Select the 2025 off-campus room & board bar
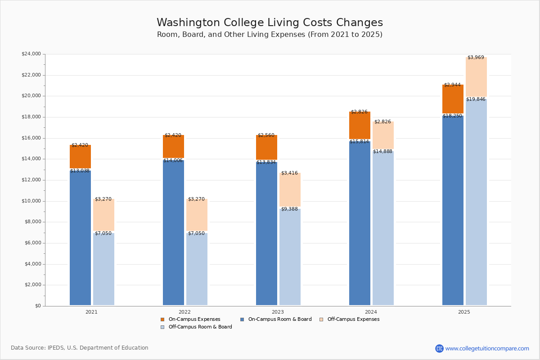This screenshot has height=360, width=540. pos(476,202)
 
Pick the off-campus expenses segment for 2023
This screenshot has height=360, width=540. pos(290,189)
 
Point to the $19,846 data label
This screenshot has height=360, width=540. pos(476,99)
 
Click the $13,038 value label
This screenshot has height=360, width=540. pos(80,171)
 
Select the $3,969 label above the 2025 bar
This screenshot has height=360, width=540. pos(476,57)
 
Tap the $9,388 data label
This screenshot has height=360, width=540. pos(289,209)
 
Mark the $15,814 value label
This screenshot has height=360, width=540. pos(359,141)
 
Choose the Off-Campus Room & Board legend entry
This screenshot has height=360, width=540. pos(200,327)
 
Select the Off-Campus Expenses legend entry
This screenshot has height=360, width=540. pos(353,319)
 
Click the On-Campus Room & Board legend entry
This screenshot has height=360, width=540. pos(279,319)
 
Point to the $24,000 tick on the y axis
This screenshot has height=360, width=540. pos(31,54)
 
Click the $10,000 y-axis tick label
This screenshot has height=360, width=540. pos(31,201)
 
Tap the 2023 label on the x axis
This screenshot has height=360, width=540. pos(278,312)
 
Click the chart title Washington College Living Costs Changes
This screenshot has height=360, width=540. pos(270,23)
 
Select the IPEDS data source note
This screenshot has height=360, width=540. pos(80,348)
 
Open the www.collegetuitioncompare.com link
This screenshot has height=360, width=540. pos(487,348)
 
